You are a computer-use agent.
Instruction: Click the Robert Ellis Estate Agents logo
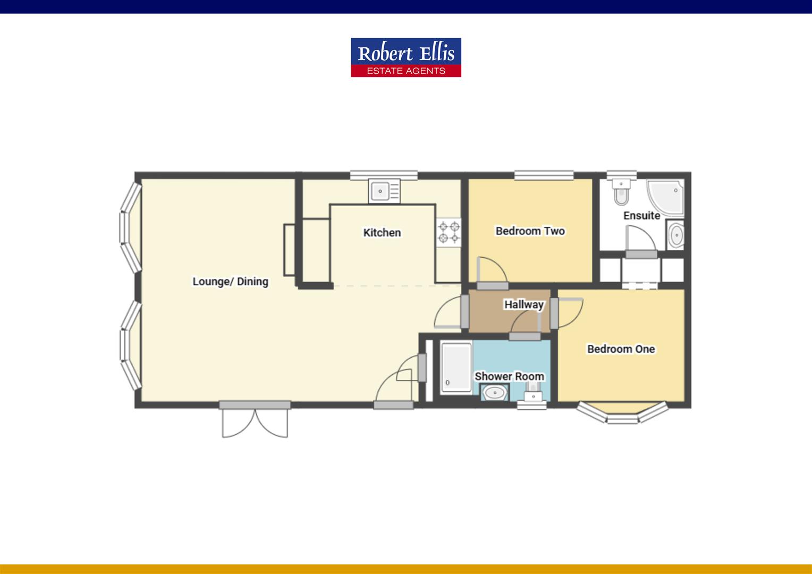coord(405,57)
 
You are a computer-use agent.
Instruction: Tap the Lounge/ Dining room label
coord(230,282)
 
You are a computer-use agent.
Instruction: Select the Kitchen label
coord(382,233)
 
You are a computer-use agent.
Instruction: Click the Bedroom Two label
coord(530,231)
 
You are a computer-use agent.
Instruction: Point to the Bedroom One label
coord(621,349)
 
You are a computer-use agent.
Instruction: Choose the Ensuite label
coord(641,216)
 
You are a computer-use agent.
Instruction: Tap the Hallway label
coord(523,305)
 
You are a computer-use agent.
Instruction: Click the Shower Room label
coord(509,376)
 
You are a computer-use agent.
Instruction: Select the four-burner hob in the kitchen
coord(449,232)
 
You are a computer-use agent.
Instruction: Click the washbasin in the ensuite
coord(676,235)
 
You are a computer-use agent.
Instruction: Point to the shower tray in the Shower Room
coord(456,367)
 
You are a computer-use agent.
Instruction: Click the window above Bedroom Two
coord(544,175)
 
